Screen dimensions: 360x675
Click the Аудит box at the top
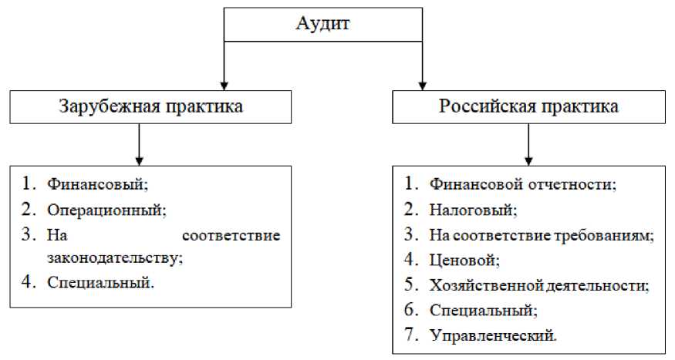tap(322, 24)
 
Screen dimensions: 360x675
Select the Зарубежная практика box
tap(150, 106)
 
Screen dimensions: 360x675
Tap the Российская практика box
tap(528, 106)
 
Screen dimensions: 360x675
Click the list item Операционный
tap(106, 209)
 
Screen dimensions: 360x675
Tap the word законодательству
tap(115, 257)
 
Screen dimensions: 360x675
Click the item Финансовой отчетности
tap(523, 185)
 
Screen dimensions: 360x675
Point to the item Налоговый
tap(473, 209)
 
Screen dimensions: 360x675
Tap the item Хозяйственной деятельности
tap(538, 285)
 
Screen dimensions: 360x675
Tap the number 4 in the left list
tap(29, 281)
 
